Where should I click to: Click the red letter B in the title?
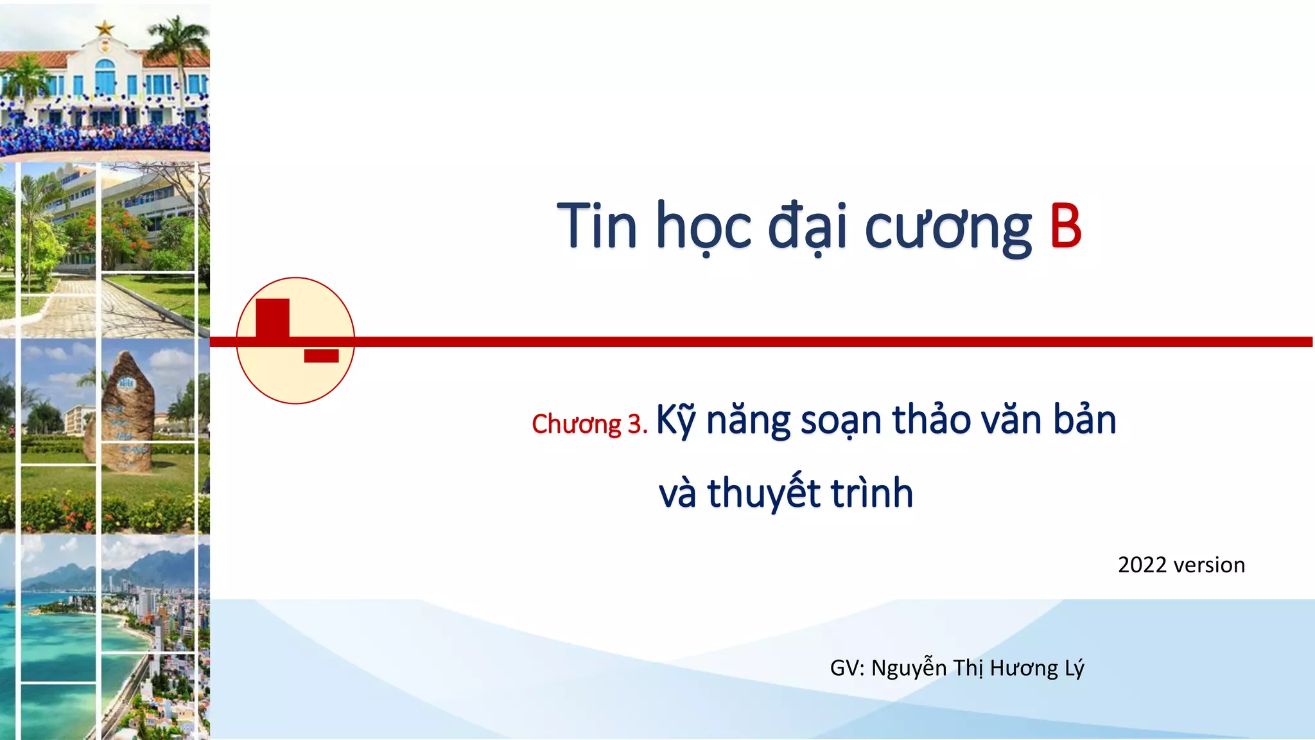(1065, 226)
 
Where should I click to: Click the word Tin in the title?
(597, 226)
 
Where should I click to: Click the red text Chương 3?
(589, 424)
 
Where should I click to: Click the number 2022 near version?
(1142, 565)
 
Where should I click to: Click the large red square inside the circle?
(272, 318)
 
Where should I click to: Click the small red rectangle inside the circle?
(321, 356)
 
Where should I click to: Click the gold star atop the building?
(105, 28)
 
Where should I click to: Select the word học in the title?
(702, 227)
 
